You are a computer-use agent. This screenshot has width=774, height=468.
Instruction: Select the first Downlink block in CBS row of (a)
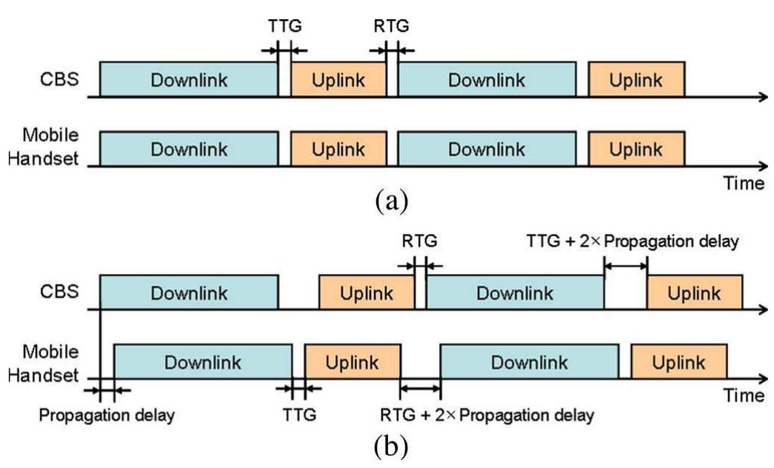(x=189, y=80)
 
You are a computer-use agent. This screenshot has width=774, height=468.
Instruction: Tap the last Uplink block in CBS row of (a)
(x=636, y=80)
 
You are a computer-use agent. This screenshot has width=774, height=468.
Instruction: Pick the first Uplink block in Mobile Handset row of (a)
(x=338, y=149)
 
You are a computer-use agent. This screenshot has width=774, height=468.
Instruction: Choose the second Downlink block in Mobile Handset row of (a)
(x=486, y=149)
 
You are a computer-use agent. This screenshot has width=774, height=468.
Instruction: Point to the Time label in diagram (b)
(x=743, y=396)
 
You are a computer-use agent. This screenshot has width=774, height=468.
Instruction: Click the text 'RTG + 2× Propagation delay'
(x=487, y=415)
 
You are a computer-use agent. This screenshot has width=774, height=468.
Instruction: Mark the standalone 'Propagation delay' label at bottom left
(x=107, y=415)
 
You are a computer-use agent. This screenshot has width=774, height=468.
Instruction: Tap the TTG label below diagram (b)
(x=299, y=415)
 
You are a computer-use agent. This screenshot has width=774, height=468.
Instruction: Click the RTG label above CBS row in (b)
(x=419, y=242)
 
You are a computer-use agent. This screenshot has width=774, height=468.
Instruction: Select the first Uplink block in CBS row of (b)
(x=367, y=292)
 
